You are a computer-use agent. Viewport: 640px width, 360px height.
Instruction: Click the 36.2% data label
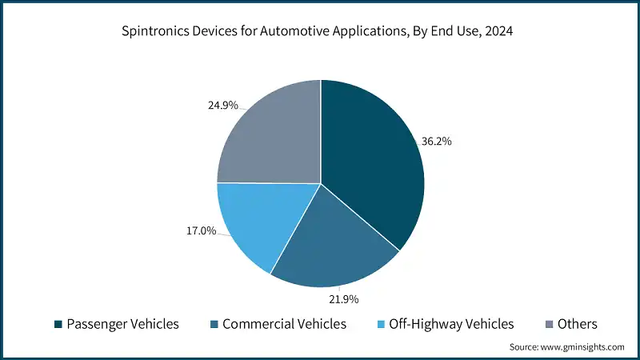coord(436,141)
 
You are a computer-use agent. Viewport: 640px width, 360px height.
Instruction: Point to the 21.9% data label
coord(343,299)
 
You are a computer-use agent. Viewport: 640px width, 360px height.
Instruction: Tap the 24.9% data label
coord(222,105)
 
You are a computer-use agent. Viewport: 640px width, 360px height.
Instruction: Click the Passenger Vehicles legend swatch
coord(58,325)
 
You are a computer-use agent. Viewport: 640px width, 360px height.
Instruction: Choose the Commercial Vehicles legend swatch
coord(214,325)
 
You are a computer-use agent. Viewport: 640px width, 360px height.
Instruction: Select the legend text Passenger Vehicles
coord(122,324)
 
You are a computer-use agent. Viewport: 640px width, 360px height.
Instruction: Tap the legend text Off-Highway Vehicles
coord(451,324)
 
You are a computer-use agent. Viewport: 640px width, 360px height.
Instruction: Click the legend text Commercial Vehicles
coord(284,324)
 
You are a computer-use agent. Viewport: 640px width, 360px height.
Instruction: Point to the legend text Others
coord(578,324)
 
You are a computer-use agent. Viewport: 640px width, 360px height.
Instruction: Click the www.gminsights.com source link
coord(582,347)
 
